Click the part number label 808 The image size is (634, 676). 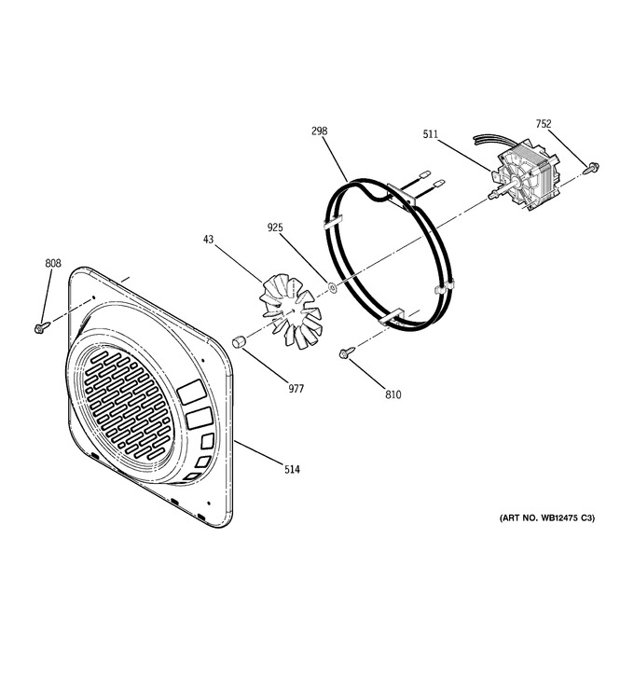coord(53,263)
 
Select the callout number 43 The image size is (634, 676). coord(208,240)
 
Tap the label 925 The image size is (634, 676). coord(275,228)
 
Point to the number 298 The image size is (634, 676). coord(320,131)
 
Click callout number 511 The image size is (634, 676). coord(430,134)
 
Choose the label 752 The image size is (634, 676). coord(544,124)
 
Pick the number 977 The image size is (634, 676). coord(296,389)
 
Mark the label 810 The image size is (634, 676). coord(393,394)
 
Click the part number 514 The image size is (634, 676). coord(292,469)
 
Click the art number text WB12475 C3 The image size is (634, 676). coord(566,517)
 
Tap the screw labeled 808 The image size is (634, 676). coord(42,327)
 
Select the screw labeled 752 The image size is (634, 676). coord(591,168)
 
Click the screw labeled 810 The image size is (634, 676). coord(347,352)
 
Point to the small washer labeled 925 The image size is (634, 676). coord(332,286)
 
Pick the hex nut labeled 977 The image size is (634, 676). coord(239,341)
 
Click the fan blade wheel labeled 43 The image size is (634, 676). coord(291,310)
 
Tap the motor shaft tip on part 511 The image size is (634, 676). coord(490,196)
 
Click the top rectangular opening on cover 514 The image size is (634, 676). coord(192,392)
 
